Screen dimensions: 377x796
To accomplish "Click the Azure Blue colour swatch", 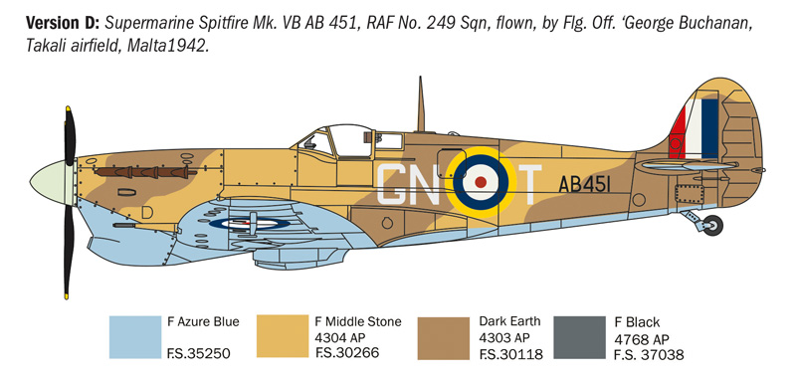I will [x=133, y=338].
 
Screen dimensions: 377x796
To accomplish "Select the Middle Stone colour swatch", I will [x=283, y=338].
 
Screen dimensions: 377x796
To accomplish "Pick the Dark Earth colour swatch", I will [x=444, y=338].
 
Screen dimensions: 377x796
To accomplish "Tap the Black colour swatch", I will [x=578, y=338].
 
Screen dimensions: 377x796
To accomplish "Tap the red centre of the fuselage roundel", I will [x=481, y=182].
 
